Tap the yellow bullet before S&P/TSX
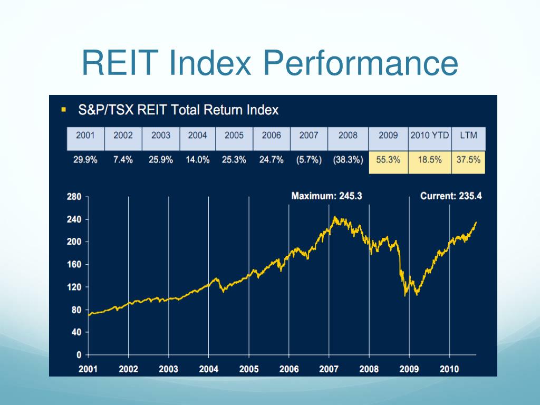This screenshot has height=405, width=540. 64,110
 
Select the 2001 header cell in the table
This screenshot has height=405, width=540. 85,135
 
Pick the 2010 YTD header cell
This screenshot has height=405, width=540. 430,135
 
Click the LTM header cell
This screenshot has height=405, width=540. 468,135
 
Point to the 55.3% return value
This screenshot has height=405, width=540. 388,160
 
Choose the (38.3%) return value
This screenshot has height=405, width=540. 348,160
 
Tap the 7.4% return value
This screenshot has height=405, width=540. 123,160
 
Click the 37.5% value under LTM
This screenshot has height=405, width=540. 468,160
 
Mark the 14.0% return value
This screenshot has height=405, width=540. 198,160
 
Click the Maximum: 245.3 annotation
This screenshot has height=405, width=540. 326,196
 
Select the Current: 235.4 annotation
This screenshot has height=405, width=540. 451,196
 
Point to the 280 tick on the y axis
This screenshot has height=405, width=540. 74,197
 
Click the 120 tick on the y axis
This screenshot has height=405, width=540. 74,287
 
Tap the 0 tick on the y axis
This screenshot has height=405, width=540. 79,355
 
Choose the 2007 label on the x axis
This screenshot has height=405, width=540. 329,369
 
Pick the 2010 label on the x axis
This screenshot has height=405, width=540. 449,369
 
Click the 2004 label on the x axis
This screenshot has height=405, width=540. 208,369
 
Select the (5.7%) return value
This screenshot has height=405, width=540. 309,160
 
